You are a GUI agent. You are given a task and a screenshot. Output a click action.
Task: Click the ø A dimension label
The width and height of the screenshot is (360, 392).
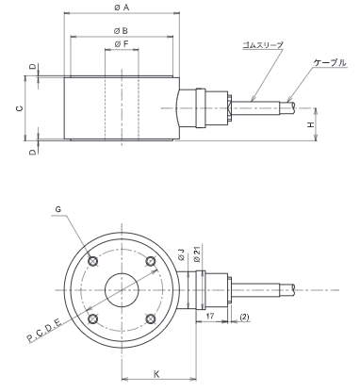click(x=122, y=8)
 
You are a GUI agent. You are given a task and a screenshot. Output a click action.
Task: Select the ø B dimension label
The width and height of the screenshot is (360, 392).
click(x=121, y=31)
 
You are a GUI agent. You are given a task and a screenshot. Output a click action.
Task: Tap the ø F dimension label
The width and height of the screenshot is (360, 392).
click(x=122, y=44)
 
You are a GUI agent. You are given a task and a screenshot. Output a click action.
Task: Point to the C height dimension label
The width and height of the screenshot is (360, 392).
click(x=20, y=108)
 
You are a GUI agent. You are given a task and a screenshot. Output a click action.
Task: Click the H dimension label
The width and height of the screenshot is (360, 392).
click(x=310, y=124)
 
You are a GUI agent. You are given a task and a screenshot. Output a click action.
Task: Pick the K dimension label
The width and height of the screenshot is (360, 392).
click(x=156, y=374)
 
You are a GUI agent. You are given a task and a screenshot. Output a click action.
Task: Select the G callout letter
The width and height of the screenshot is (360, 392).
click(x=58, y=209)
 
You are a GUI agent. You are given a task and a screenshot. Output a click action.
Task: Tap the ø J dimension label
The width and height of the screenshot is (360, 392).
click(x=182, y=254)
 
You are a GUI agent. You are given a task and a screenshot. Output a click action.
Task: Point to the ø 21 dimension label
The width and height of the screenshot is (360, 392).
click(x=197, y=254)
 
